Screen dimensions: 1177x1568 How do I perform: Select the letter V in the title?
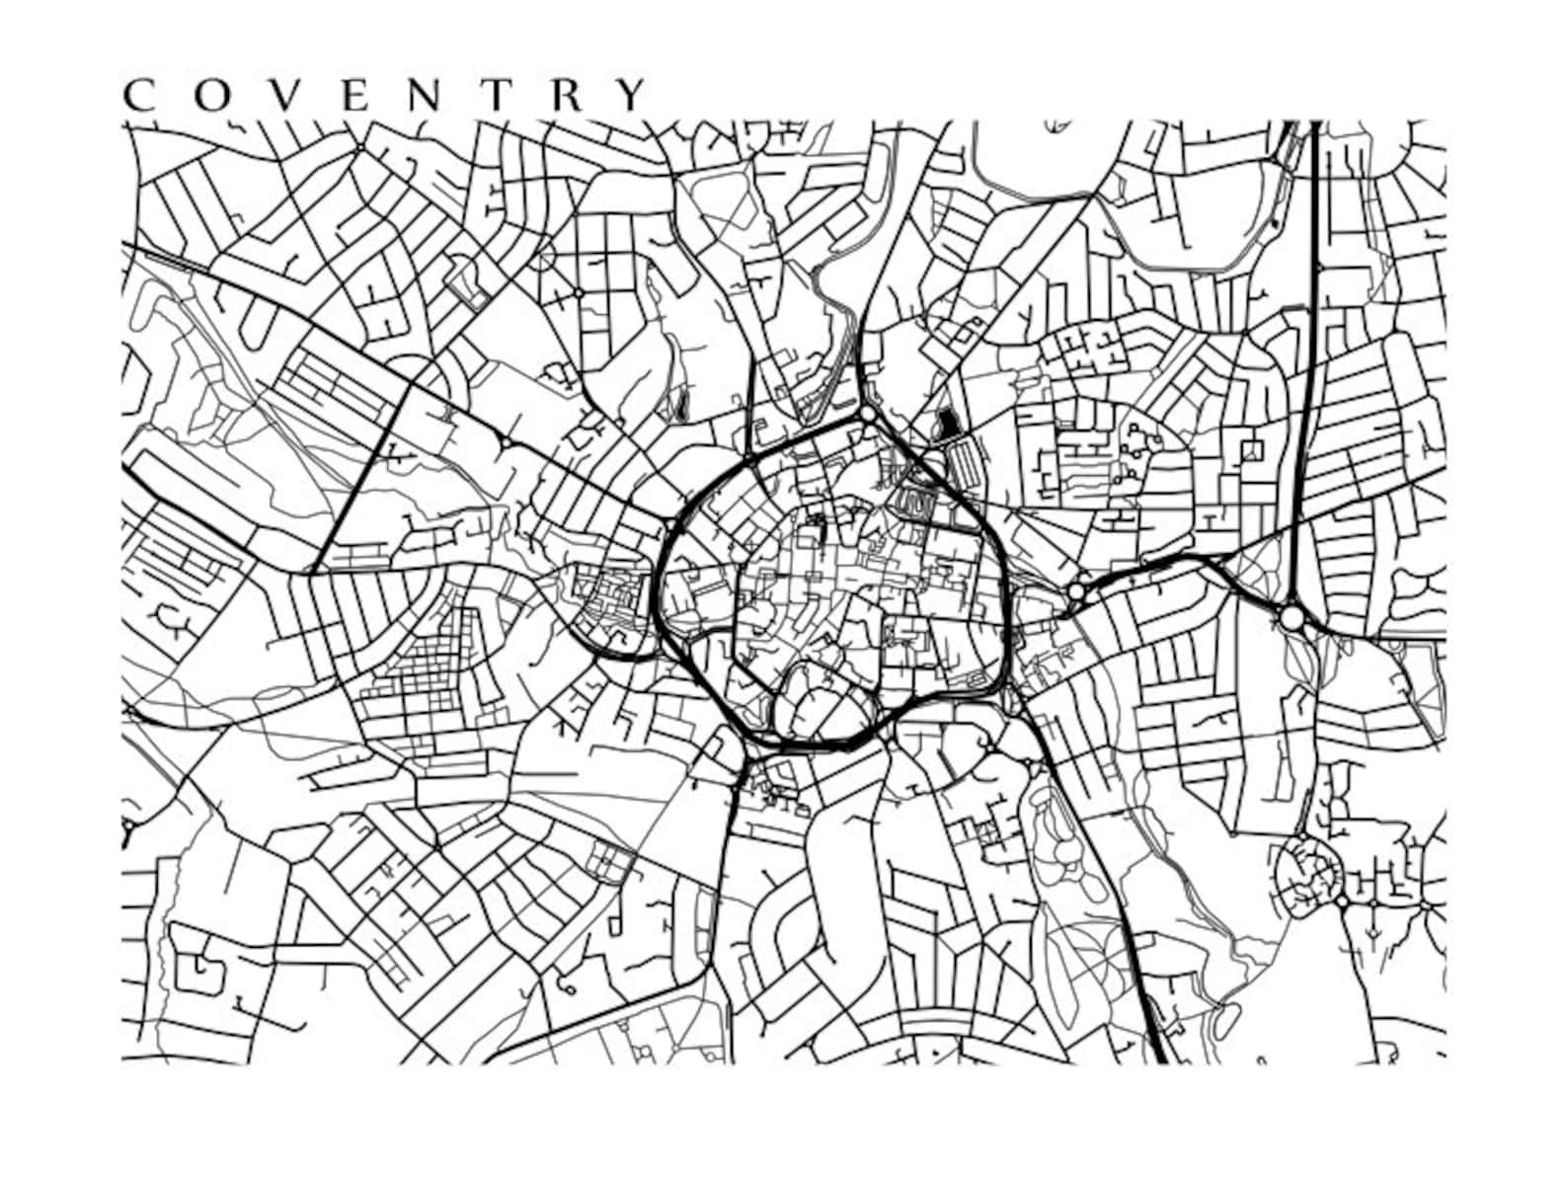[x=277, y=95]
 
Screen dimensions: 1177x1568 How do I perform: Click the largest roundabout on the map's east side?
[x=1292, y=618]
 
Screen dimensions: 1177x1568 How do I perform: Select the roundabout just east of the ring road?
[x=1076, y=591]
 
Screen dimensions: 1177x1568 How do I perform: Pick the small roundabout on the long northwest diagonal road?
[x=505, y=441]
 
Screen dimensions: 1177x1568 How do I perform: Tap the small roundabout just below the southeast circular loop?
[x=1342, y=902]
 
